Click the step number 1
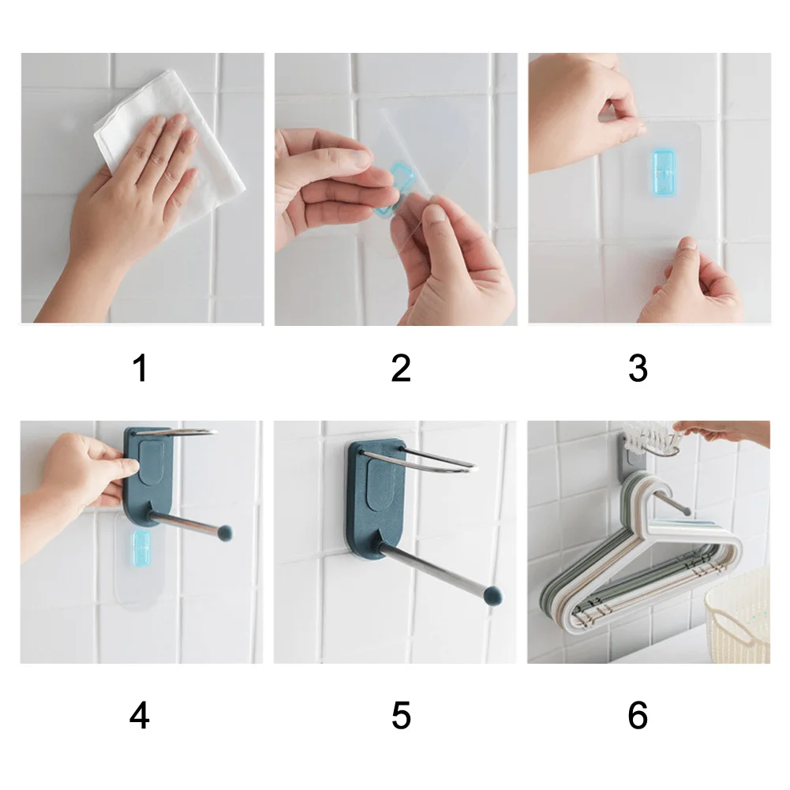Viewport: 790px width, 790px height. (x=140, y=368)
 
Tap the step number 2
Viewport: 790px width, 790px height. (x=401, y=368)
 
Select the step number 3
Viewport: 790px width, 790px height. (x=638, y=368)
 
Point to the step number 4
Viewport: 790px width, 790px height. (x=140, y=716)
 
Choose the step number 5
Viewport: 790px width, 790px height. (x=401, y=716)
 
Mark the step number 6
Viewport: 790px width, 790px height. (x=638, y=716)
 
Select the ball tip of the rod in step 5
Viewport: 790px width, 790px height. (x=492, y=596)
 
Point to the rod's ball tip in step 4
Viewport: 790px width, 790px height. (x=224, y=533)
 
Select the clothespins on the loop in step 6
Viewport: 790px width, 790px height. (x=650, y=437)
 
